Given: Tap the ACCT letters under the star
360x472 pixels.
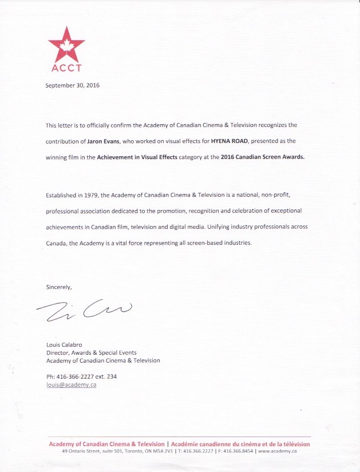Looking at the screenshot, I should [66, 68].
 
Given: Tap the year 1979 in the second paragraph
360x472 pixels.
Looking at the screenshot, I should [92, 196].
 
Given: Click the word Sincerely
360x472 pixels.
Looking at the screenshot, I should [59, 287].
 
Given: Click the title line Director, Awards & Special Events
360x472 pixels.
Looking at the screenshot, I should [91, 353].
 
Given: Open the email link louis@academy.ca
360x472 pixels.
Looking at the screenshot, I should [71, 385].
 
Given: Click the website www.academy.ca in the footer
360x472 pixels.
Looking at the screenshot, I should [277, 451].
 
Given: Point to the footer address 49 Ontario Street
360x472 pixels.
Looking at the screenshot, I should [84, 451].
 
